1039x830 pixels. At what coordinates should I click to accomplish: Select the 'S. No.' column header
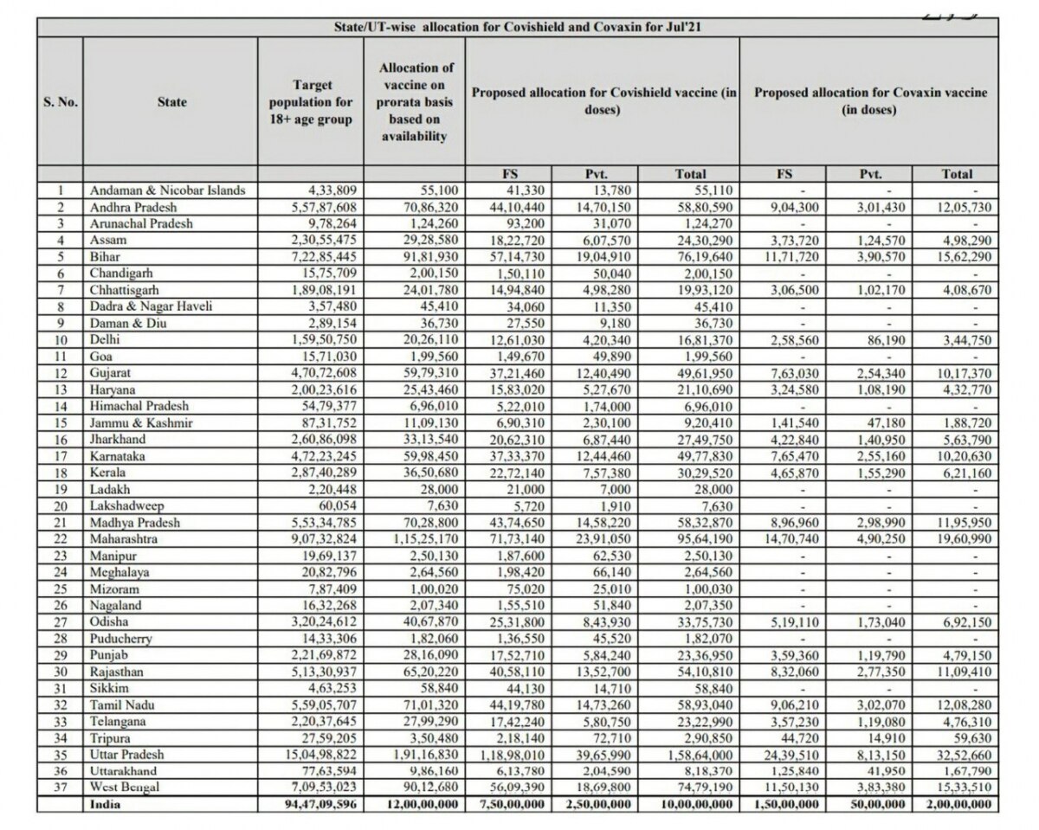point(61,102)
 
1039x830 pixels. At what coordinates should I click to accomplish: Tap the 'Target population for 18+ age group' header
point(313,102)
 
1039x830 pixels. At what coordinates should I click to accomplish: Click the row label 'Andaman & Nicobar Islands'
point(167,189)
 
